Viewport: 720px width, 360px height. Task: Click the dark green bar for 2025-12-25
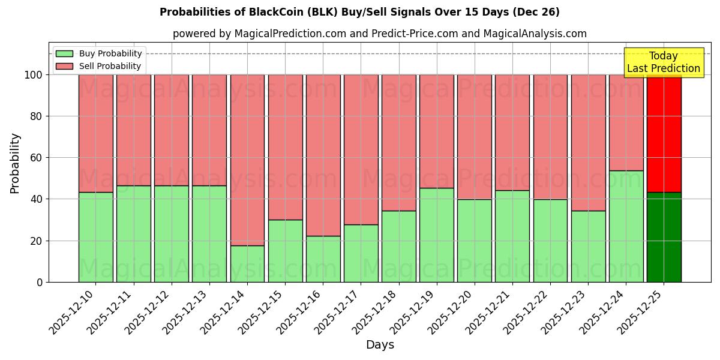click(664, 237)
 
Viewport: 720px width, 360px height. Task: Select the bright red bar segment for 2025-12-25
click(664, 133)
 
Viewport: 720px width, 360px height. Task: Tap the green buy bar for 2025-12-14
click(247, 264)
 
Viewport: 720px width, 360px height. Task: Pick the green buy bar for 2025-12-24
click(626, 226)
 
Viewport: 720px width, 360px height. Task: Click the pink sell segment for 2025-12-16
click(323, 155)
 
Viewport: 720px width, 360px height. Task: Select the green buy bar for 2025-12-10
click(95, 237)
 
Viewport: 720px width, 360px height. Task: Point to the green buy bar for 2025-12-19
click(437, 235)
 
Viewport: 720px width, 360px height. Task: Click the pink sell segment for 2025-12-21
click(512, 132)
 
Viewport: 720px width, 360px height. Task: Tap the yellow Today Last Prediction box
click(663, 62)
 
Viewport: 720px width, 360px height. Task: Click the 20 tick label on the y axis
click(37, 241)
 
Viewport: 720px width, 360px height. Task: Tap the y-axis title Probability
click(15, 163)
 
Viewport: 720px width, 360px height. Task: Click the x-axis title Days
click(380, 345)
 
